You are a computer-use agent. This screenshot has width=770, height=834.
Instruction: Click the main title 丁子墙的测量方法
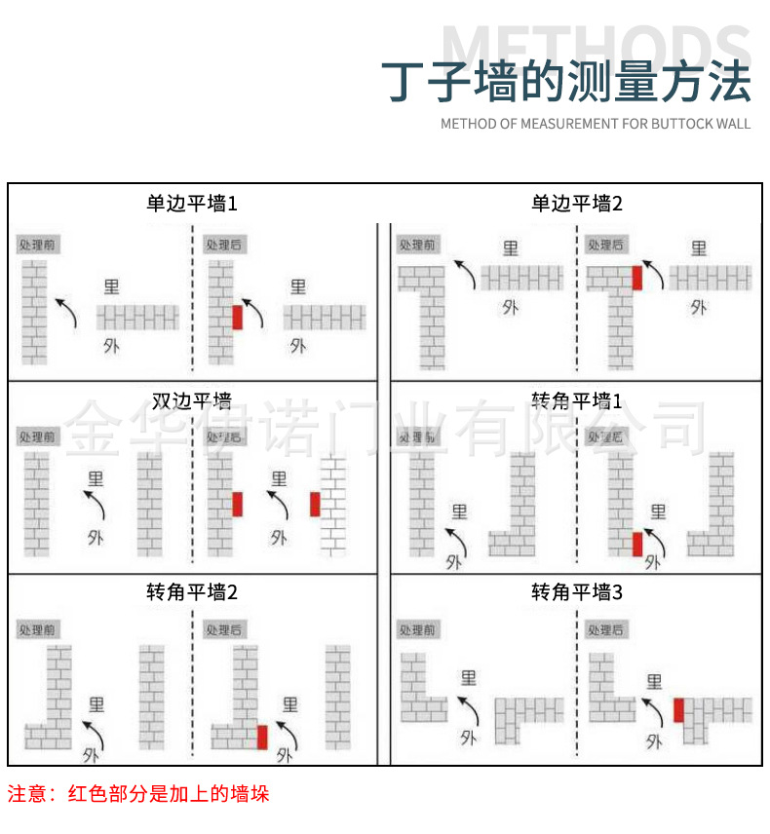pyautogui.click(x=565, y=82)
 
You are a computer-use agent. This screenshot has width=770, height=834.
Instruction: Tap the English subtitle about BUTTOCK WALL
pyautogui.click(x=596, y=124)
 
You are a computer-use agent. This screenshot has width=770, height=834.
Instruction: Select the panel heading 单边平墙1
pyautogui.click(x=192, y=204)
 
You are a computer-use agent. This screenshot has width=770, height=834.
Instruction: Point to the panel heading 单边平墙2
pyautogui.click(x=576, y=204)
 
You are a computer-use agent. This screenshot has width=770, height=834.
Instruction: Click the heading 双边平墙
pyautogui.click(x=192, y=400)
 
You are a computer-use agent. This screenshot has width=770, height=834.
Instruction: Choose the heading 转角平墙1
pyautogui.click(x=576, y=400)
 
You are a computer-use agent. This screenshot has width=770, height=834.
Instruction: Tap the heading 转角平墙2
pyautogui.click(x=192, y=592)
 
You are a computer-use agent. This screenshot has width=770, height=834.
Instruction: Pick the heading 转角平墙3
pyautogui.click(x=576, y=592)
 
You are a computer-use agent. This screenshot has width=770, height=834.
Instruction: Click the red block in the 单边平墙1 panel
pyautogui.click(x=237, y=318)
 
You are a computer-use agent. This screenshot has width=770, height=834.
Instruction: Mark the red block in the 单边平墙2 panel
pyautogui.click(x=637, y=277)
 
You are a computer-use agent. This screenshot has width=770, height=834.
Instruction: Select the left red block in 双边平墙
pyautogui.click(x=237, y=504)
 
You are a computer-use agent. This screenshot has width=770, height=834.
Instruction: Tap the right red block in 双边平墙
pyautogui.click(x=315, y=504)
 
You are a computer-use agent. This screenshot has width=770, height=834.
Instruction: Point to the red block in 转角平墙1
pyautogui.click(x=637, y=544)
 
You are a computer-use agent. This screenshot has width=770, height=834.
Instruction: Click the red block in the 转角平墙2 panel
pyautogui.click(x=261, y=737)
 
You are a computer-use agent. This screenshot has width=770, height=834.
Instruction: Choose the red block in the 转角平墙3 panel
pyautogui.click(x=678, y=710)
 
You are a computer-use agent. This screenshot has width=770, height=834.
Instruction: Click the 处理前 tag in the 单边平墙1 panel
pyautogui.click(x=38, y=244)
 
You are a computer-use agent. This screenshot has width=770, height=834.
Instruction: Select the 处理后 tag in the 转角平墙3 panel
pyautogui.click(x=605, y=630)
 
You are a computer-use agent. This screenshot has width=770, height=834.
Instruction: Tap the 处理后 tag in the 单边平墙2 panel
pyautogui.click(x=605, y=244)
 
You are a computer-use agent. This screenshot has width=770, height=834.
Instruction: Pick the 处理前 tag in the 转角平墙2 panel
pyautogui.click(x=38, y=630)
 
